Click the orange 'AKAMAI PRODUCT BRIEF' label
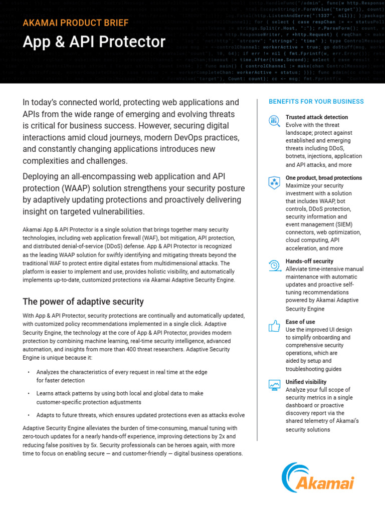point(76,23)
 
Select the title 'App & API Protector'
point(94,42)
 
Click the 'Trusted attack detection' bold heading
point(316,117)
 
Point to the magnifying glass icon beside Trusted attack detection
point(274,120)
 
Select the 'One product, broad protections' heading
point(323,178)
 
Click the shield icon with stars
point(274,182)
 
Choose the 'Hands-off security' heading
point(309,261)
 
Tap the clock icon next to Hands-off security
point(274,266)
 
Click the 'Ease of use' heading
point(300,322)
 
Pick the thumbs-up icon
point(274,326)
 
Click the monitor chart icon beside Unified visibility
point(274,385)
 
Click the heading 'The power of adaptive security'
point(83,302)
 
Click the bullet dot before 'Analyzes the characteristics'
point(29,372)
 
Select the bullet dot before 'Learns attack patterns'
point(29,394)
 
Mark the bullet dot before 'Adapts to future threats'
point(29,415)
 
